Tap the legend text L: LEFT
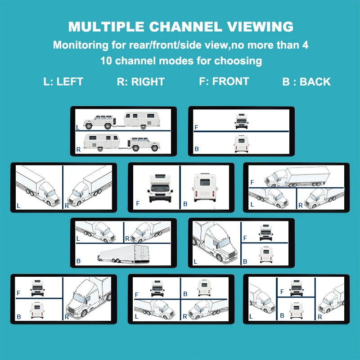63,82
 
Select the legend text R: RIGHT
140,82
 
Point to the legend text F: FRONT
224,81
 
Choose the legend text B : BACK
306,82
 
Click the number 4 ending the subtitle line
305,45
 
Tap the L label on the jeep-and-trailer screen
79,128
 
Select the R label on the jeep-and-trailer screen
79,149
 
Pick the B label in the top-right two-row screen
196,149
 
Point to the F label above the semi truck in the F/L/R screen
252,182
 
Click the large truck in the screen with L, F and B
215,243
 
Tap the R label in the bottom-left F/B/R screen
67,316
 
